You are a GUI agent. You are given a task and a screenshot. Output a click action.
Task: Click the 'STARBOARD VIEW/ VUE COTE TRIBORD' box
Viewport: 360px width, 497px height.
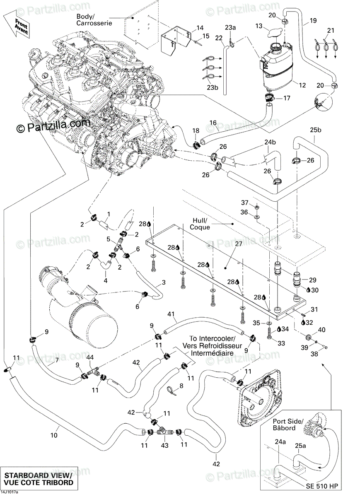[39, 479]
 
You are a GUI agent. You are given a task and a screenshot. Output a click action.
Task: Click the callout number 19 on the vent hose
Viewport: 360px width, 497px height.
[313, 20]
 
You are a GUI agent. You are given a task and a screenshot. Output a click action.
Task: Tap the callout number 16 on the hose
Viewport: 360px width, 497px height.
[213, 123]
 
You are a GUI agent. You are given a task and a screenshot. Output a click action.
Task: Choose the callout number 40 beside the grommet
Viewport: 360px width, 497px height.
[321, 330]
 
